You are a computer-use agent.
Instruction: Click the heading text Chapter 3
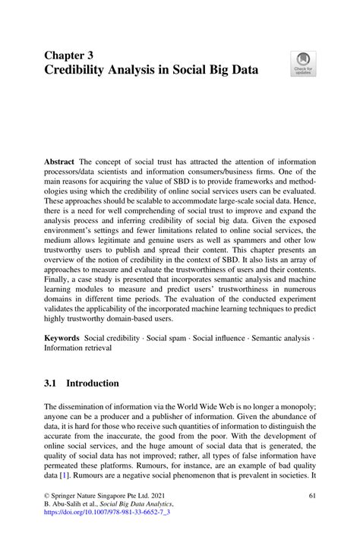73,55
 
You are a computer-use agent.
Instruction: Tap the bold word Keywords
64,336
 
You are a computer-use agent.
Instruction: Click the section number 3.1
53,383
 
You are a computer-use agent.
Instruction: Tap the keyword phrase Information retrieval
77,348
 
